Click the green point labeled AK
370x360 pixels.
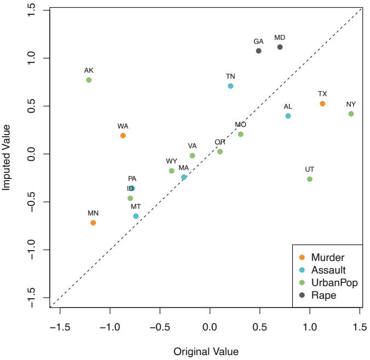click(89, 80)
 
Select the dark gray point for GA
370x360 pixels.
click(259, 51)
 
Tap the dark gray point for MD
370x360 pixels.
click(280, 47)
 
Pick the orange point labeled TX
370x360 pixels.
click(322, 103)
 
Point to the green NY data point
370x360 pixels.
click(351, 114)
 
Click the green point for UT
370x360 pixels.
click(310, 179)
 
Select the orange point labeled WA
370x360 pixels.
click(123, 135)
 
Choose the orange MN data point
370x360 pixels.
click(93, 223)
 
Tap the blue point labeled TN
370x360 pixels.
click(230, 86)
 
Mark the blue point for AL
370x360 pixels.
click(288, 116)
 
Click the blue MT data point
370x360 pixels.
click(136, 216)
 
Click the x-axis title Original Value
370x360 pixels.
click(205, 351)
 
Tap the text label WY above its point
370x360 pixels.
click(172, 161)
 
